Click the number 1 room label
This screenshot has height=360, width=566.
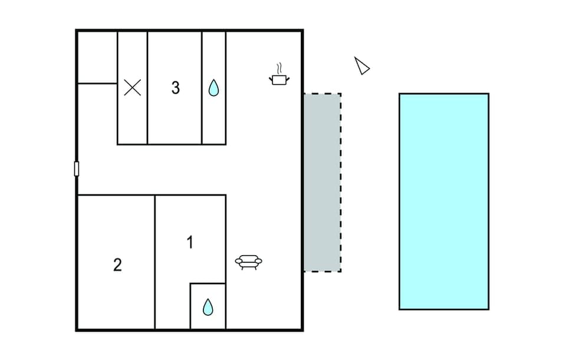pos(190,242)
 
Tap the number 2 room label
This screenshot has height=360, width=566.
pos(117,265)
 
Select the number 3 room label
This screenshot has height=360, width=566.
pos(175,88)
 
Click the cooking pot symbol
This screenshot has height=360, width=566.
pos(279,78)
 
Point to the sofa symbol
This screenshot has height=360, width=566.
pos(249,262)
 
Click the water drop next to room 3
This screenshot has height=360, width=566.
pos(213,88)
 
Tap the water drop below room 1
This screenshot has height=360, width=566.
pos(208,307)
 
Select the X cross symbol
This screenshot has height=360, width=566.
pos(133,88)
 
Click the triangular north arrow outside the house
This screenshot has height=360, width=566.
pos(361,66)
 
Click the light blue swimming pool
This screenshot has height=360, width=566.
pos(443,201)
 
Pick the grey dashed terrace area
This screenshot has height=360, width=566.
pos(322,182)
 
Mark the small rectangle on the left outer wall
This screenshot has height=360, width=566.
pos(77,169)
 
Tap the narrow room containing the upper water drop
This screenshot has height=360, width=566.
pos(214,118)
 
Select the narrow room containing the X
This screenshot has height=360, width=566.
pos(133,118)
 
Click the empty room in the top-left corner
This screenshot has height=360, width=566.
pos(97,57)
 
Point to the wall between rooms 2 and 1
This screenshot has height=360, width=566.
pos(155,262)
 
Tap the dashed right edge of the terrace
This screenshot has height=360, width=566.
pos(341,182)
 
